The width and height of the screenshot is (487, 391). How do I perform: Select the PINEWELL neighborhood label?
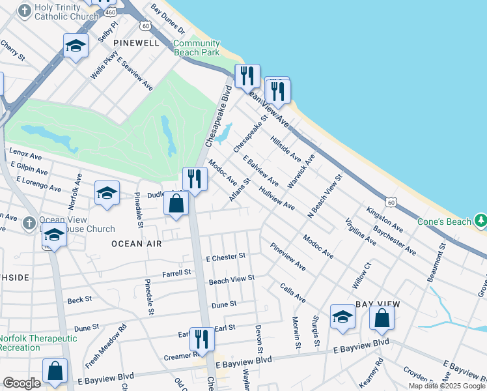[136, 42]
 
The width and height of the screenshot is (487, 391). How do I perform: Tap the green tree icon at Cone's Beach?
[480, 220]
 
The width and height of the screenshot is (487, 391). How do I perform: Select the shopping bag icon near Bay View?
[382, 318]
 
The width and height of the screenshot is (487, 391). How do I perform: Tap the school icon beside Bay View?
[342, 317]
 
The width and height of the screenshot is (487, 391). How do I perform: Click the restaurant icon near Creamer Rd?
[202, 340]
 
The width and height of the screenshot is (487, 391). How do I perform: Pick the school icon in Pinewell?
[76, 46]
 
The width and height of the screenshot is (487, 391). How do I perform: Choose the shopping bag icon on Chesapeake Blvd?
[176, 203]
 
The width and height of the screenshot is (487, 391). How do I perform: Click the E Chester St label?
[225, 257]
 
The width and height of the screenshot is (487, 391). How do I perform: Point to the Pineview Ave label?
[287, 257]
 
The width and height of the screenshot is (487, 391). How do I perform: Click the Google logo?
[21, 383]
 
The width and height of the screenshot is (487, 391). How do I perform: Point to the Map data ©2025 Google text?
[447, 386]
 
